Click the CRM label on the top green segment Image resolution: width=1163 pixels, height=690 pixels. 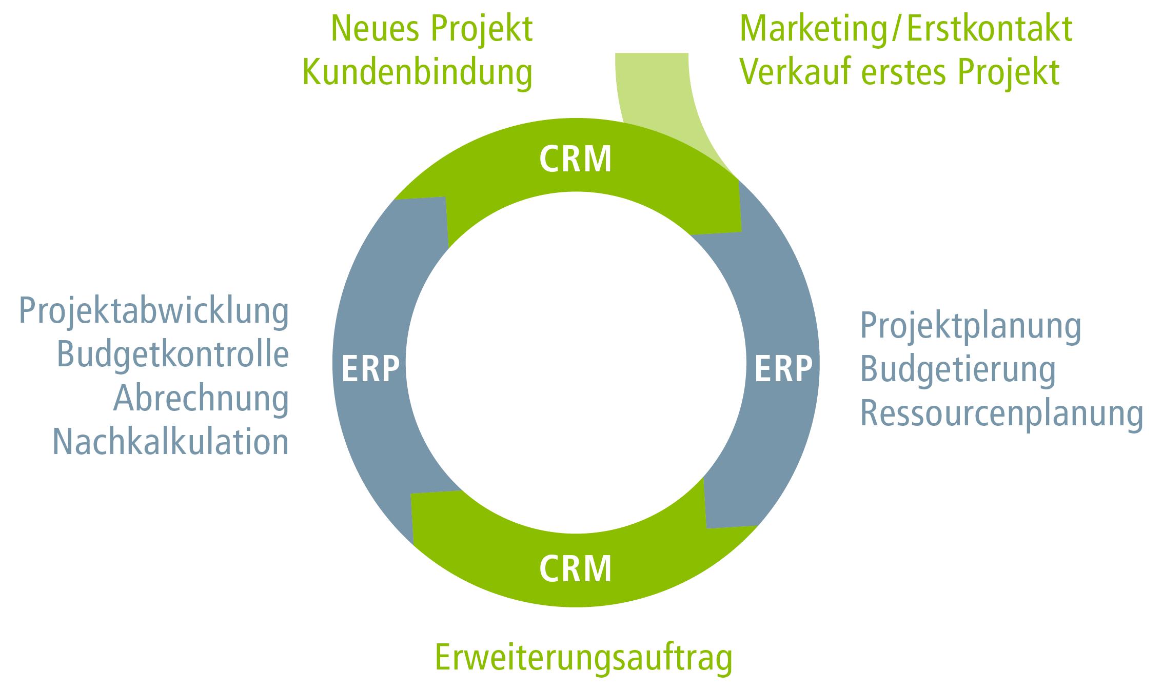pyautogui.click(x=575, y=159)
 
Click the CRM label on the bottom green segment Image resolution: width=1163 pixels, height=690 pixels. pyautogui.click(x=575, y=568)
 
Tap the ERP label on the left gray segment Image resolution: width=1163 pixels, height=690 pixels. pyautogui.click(x=370, y=368)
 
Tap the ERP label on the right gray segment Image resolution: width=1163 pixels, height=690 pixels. pyautogui.click(x=783, y=368)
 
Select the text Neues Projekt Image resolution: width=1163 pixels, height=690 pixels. pyautogui.click(x=431, y=29)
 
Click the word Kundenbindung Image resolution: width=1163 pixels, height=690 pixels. pyautogui.click(x=417, y=73)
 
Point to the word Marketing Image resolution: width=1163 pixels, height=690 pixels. pyautogui.click(x=813, y=29)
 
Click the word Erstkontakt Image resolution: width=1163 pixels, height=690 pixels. pyautogui.click(x=990, y=29)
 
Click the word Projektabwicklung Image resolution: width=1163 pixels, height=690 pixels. pyautogui.click(x=154, y=311)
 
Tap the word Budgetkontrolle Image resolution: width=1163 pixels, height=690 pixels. pyautogui.click(x=172, y=355)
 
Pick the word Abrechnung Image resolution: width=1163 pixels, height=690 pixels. pyautogui.click(x=201, y=399)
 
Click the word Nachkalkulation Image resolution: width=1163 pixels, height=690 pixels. pyautogui.click(x=170, y=442)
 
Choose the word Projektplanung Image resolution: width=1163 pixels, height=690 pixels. pyautogui.click(x=971, y=326)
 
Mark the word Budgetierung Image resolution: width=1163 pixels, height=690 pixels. pyautogui.click(x=958, y=370)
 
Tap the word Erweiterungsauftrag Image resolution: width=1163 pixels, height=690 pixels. pyautogui.click(x=584, y=658)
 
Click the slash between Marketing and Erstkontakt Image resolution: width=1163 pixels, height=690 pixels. pyautogui.click(x=896, y=29)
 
